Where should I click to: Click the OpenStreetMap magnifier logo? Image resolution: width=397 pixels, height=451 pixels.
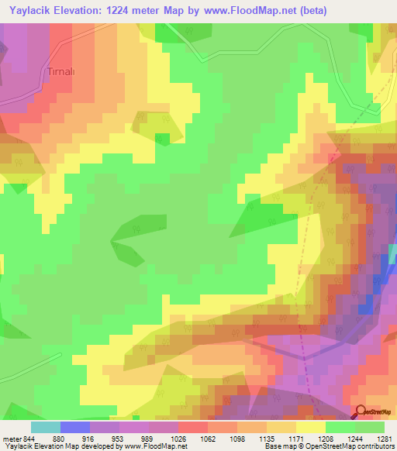[361, 412]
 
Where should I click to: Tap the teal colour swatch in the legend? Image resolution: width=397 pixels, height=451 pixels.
[46, 427]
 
